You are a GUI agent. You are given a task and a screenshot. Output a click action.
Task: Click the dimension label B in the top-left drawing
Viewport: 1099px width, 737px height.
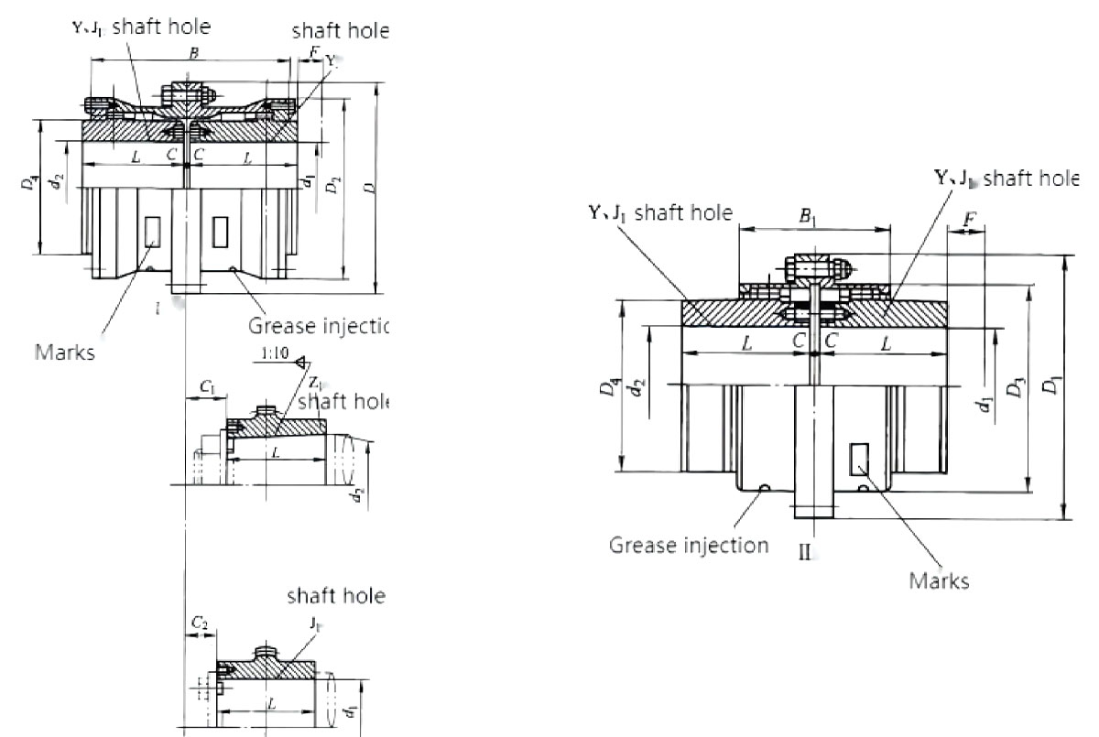click(192, 54)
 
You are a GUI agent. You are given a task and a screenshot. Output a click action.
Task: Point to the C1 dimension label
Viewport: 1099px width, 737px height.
click(207, 389)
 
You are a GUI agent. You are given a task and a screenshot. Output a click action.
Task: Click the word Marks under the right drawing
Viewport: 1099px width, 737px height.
click(939, 580)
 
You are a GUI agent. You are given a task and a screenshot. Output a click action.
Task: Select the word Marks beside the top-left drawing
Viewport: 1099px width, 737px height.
click(64, 352)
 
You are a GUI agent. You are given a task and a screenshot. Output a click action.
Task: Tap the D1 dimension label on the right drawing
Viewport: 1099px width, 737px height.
click(1059, 386)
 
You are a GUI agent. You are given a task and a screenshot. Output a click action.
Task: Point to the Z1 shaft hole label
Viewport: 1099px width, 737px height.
click(314, 382)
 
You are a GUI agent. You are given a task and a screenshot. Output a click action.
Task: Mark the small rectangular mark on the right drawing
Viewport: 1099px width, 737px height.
click(859, 459)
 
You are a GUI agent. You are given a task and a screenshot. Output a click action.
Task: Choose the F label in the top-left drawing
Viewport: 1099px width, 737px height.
click(314, 52)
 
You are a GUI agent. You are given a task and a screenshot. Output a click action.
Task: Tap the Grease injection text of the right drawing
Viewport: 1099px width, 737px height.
click(689, 546)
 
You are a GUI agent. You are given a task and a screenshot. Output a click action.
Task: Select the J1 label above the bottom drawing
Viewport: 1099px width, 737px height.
click(315, 623)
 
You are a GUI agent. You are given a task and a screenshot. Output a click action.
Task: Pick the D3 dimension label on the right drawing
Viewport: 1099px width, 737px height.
click(1013, 389)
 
